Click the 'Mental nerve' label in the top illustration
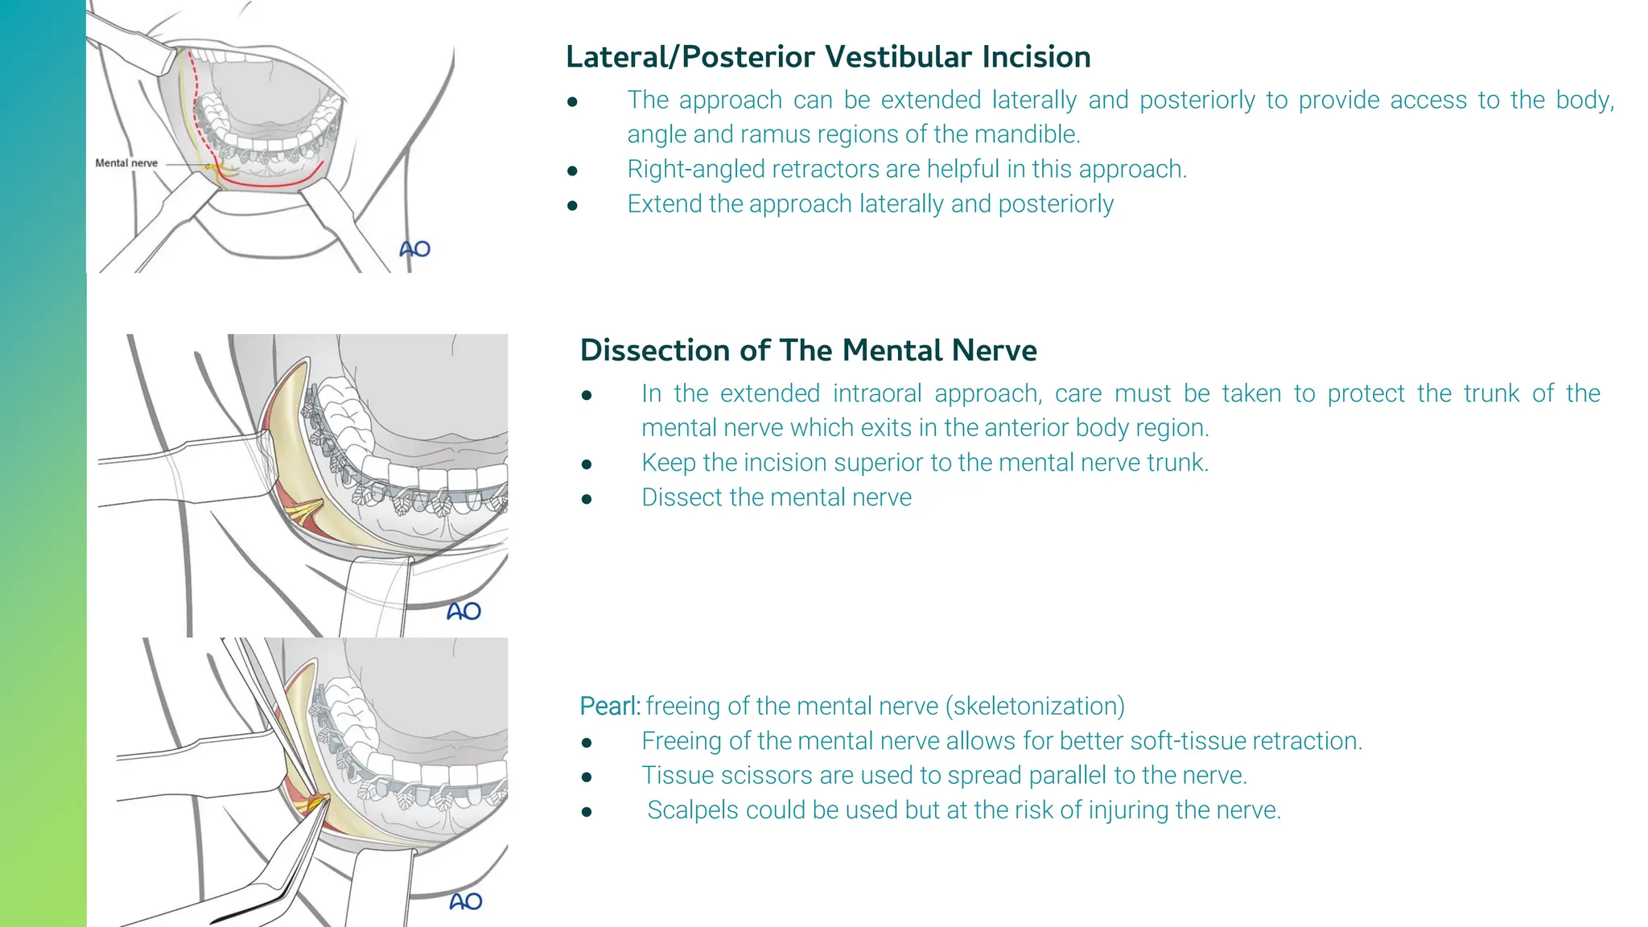pos(126,163)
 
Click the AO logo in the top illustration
pos(415,249)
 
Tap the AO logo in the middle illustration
pos(464,612)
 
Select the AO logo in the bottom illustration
pos(466,901)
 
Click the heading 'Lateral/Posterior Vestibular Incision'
pos(828,56)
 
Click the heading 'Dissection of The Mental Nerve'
pos(808,350)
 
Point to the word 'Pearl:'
pos(610,706)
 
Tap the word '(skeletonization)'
pos(1035,706)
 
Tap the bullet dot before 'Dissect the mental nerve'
pos(587,499)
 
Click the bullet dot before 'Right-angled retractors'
pos(572,171)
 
